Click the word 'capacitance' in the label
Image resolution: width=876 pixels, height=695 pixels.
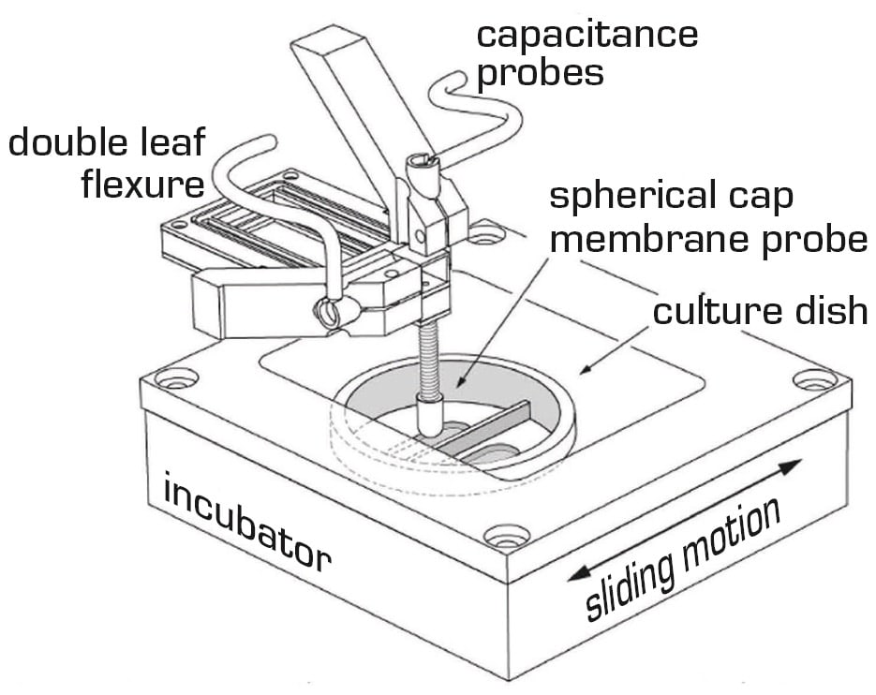pyautogui.click(x=587, y=35)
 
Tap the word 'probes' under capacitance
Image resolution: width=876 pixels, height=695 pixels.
pyautogui.click(x=541, y=73)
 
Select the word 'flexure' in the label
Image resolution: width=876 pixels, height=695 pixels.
pyautogui.click(x=143, y=185)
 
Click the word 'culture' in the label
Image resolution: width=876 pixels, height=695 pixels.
pyautogui.click(x=709, y=310)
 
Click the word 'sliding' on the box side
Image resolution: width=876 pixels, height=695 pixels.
pyautogui.click(x=625, y=581)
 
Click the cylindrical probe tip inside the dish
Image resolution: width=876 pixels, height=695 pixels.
pyautogui.click(x=430, y=414)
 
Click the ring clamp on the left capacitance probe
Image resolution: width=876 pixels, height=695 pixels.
pyautogui.click(x=329, y=313)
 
